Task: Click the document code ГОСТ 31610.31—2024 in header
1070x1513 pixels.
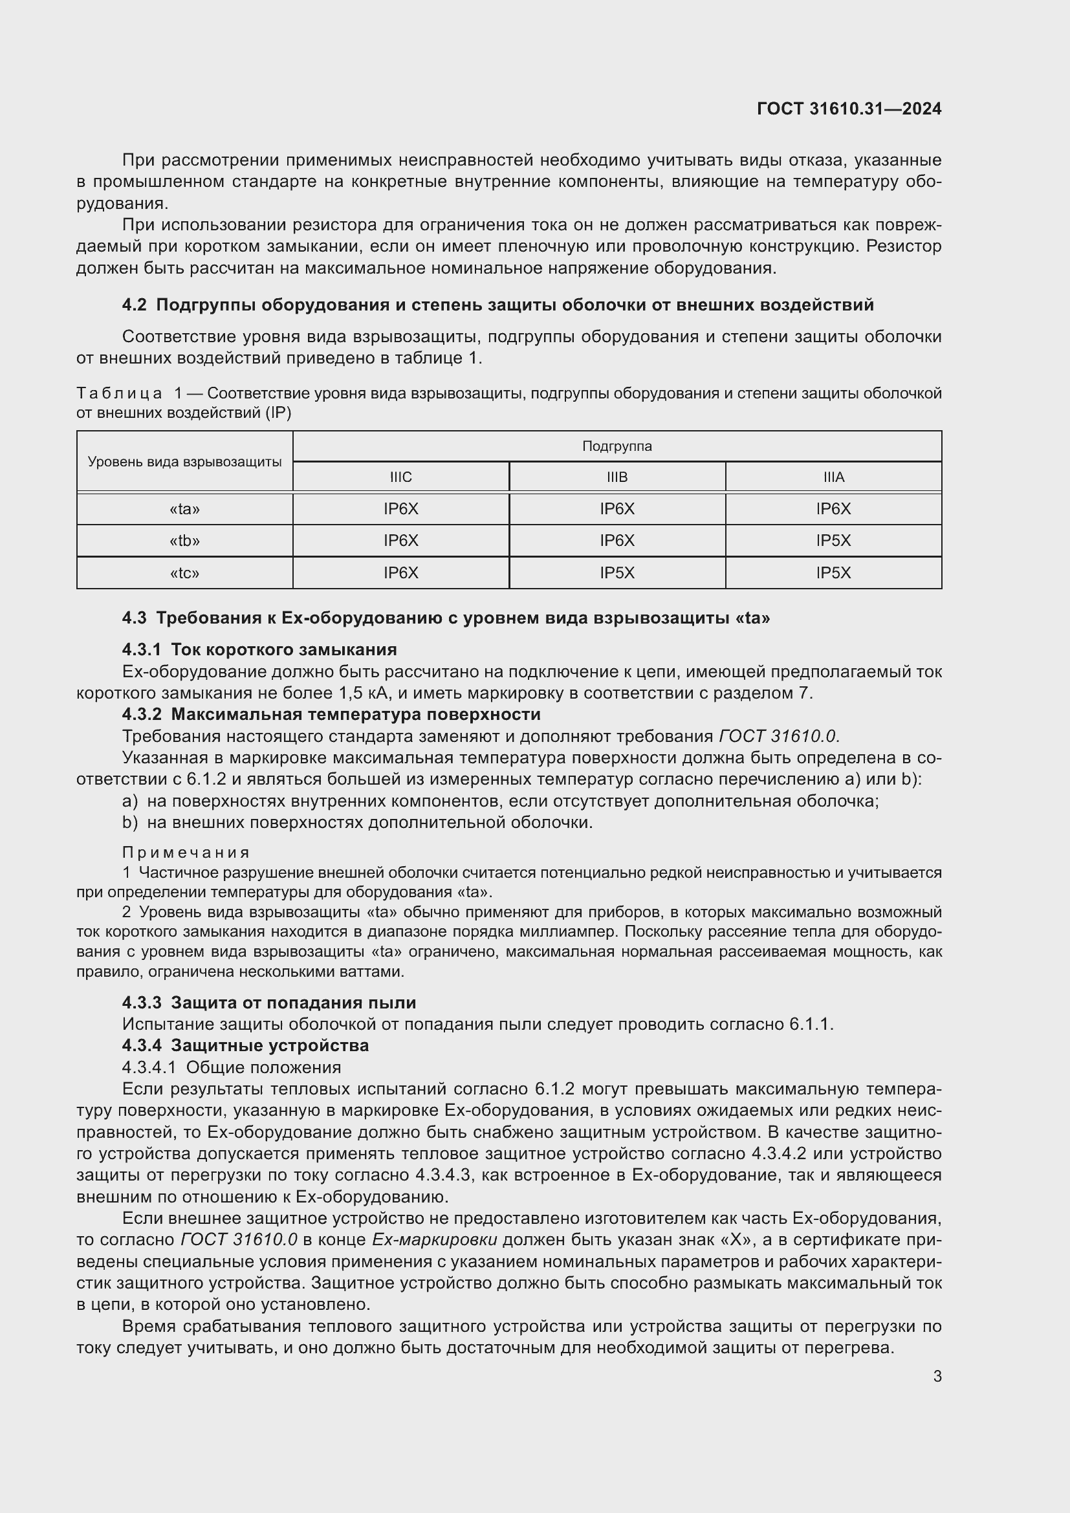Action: (x=849, y=109)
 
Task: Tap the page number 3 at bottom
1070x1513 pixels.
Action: (x=937, y=1376)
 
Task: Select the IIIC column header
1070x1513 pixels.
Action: (x=400, y=477)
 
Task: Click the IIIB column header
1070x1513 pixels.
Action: (x=617, y=477)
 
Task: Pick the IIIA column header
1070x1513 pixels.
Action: (x=833, y=477)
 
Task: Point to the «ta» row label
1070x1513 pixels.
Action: (x=184, y=508)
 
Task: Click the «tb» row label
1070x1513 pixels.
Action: (x=184, y=541)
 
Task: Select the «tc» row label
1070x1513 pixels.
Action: (x=184, y=572)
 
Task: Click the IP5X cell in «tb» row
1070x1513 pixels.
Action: (x=833, y=541)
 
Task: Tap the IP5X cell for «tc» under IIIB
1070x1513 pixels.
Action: (x=617, y=572)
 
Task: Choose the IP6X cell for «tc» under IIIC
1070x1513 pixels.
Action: (x=400, y=572)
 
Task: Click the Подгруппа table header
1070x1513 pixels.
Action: (x=617, y=446)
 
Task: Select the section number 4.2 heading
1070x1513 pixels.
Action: (x=135, y=305)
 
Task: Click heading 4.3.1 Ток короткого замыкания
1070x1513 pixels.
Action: (x=259, y=649)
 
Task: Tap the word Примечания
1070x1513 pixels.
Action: (x=186, y=853)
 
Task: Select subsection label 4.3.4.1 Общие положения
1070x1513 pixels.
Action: (x=231, y=1067)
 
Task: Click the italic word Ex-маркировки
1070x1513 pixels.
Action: (x=434, y=1239)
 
